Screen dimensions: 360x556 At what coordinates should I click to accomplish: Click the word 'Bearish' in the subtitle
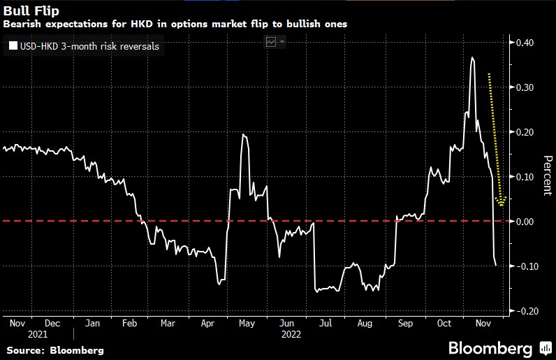click(x=22, y=24)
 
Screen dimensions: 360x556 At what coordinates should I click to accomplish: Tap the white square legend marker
click(x=13, y=47)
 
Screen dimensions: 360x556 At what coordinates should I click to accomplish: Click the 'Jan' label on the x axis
click(x=92, y=324)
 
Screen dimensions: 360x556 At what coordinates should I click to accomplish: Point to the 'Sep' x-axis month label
click(x=404, y=324)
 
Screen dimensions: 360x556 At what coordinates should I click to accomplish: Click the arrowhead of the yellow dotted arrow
click(x=501, y=203)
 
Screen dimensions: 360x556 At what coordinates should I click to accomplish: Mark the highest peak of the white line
click(x=473, y=57)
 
